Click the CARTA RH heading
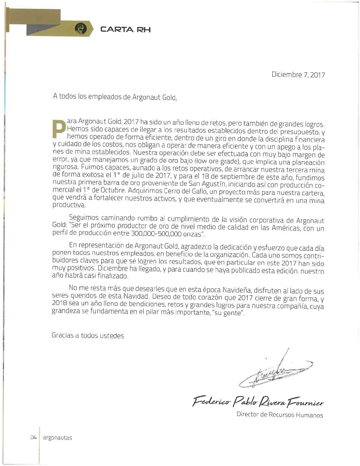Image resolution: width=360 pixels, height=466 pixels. click(x=125, y=29)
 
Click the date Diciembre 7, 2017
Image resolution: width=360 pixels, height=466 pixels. click(x=298, y=75)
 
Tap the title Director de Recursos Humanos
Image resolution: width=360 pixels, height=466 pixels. click(x=280, y=415)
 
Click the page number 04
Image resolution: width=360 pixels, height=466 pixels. click(x=33, y=438)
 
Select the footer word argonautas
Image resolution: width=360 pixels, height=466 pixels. click(x=57, y=438)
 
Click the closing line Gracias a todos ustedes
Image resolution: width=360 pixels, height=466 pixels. click(x=88, y=336)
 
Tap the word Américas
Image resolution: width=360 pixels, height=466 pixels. click(x=285, y=228)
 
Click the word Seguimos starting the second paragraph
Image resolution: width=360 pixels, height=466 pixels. click(x=83, y=218)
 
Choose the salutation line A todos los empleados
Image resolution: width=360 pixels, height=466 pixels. click(x=115, y=96)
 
